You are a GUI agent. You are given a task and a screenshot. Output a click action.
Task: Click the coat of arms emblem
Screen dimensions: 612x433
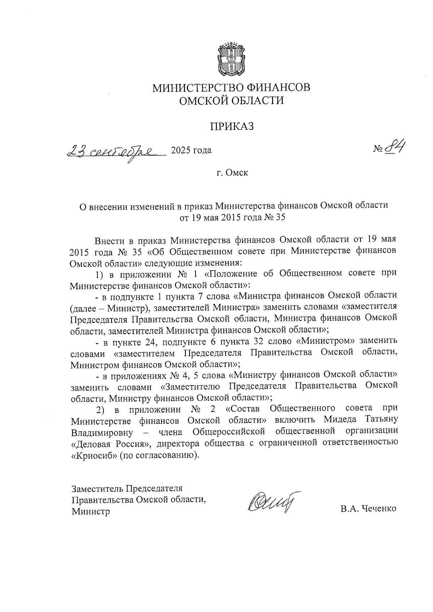(x=231, y=59)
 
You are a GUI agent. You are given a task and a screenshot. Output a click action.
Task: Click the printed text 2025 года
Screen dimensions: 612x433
(x=191, y=150)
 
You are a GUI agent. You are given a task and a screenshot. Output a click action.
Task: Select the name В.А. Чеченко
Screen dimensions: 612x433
(x=368, y=509)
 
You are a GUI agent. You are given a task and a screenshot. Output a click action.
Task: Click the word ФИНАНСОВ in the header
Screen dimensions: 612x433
(x=275, y=88)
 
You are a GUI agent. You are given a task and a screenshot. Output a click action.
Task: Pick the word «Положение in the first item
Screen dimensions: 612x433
(x=232, y=273)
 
